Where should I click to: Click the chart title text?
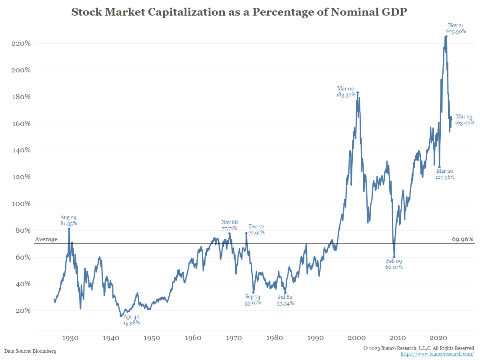239,12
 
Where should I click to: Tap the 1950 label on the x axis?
152,338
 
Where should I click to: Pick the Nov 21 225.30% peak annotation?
456,28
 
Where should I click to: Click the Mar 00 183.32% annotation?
346,92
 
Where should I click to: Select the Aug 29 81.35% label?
68,221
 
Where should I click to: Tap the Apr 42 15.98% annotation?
131,320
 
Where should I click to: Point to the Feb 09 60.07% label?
394,264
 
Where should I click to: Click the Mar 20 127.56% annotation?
445,174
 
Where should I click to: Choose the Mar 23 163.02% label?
464,120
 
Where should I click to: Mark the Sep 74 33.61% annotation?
253,300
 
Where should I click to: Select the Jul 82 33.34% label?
286,300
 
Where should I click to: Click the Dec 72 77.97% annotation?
256,230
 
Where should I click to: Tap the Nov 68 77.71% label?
229,225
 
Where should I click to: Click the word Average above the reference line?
46,239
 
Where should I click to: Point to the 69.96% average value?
463,239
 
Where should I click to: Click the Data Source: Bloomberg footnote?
30,351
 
